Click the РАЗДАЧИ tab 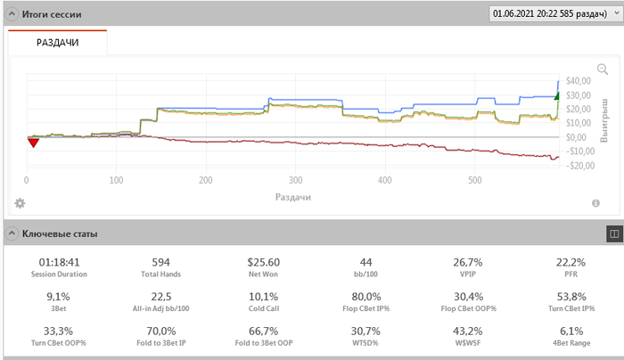click(x=56, y=42)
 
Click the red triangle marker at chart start click(x=33, y=142)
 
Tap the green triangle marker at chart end click(x=557, y=95)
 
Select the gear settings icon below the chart click(x=20, y=203)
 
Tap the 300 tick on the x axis click(x=296, y=179)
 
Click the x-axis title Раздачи click(x=292, y=196)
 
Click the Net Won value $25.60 click(x=263, y=263)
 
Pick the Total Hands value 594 click(x=161, y=263)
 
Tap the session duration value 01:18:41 click(x=60, y=263)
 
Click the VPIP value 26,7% click(x=467, y=263)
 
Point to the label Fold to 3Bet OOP click(x=263, y=341)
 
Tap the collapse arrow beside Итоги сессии click(x=11, y=13)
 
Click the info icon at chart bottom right click(x=595, y=203)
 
